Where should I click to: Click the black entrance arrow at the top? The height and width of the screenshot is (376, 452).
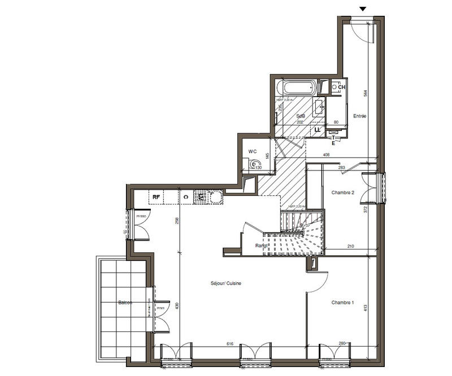[x=363, y=8]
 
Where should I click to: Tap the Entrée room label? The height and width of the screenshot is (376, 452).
[x=360, y=116]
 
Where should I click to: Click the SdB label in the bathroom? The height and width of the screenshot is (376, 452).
[x=300, y=116]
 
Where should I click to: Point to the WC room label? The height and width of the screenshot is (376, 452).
[x=253, y=151]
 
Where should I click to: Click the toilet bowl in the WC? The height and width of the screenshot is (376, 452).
[x=254, y=164]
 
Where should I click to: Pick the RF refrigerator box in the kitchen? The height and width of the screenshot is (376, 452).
[x=156, y=196]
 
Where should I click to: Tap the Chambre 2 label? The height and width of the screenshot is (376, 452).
[x=342, y=193]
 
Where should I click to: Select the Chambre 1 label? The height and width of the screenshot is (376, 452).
[x=342, y=303]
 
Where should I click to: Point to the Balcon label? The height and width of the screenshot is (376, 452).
[x=125, y=303]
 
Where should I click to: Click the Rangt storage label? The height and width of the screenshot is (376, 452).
[x=261, y=245]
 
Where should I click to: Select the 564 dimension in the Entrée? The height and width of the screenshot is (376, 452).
[x=366, y=93]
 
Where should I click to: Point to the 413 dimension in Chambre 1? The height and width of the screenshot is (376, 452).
[x=366, y=308]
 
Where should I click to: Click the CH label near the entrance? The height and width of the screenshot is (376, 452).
[x=342, y=87]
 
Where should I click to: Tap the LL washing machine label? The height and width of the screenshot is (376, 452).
[x=317, y=129]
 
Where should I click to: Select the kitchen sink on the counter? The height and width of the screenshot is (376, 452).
[x=215, y=196]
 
